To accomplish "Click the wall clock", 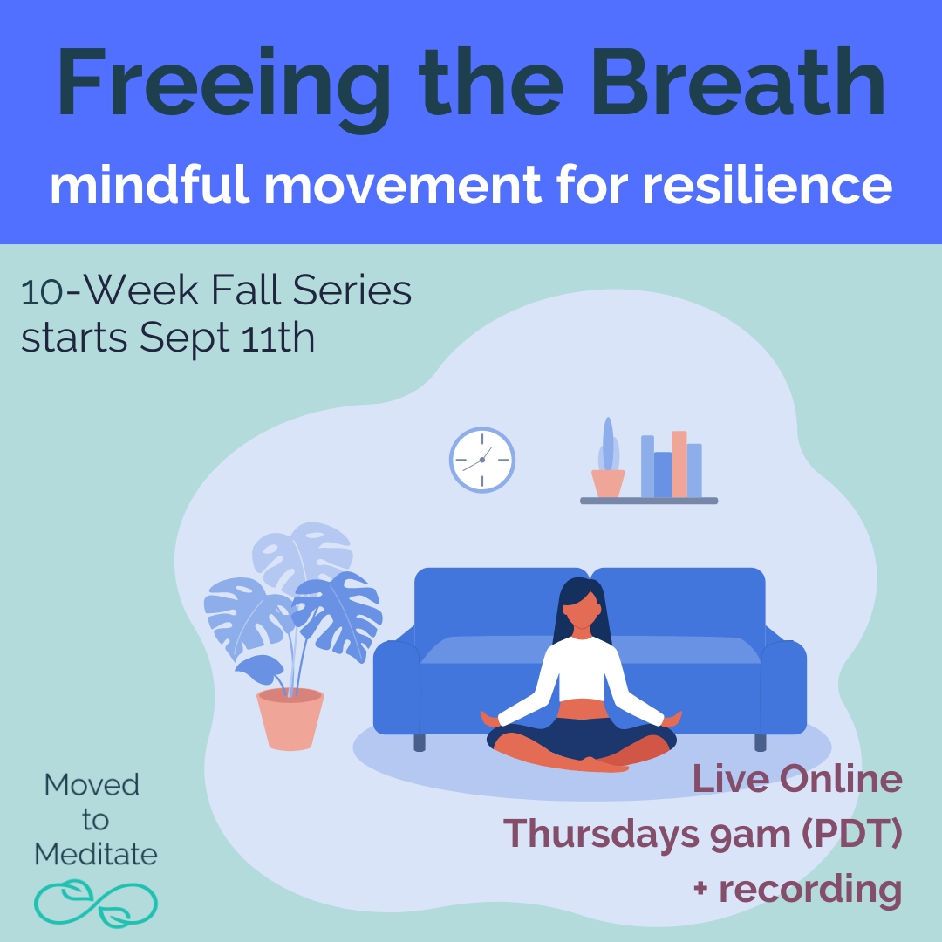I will click(x=481, y=460).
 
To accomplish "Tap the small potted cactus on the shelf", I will click(x=608, y=471).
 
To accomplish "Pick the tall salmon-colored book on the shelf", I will click(x=679, y=463).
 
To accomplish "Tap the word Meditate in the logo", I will click(x=96, y=853).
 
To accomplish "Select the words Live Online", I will click(x=796, y=779).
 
